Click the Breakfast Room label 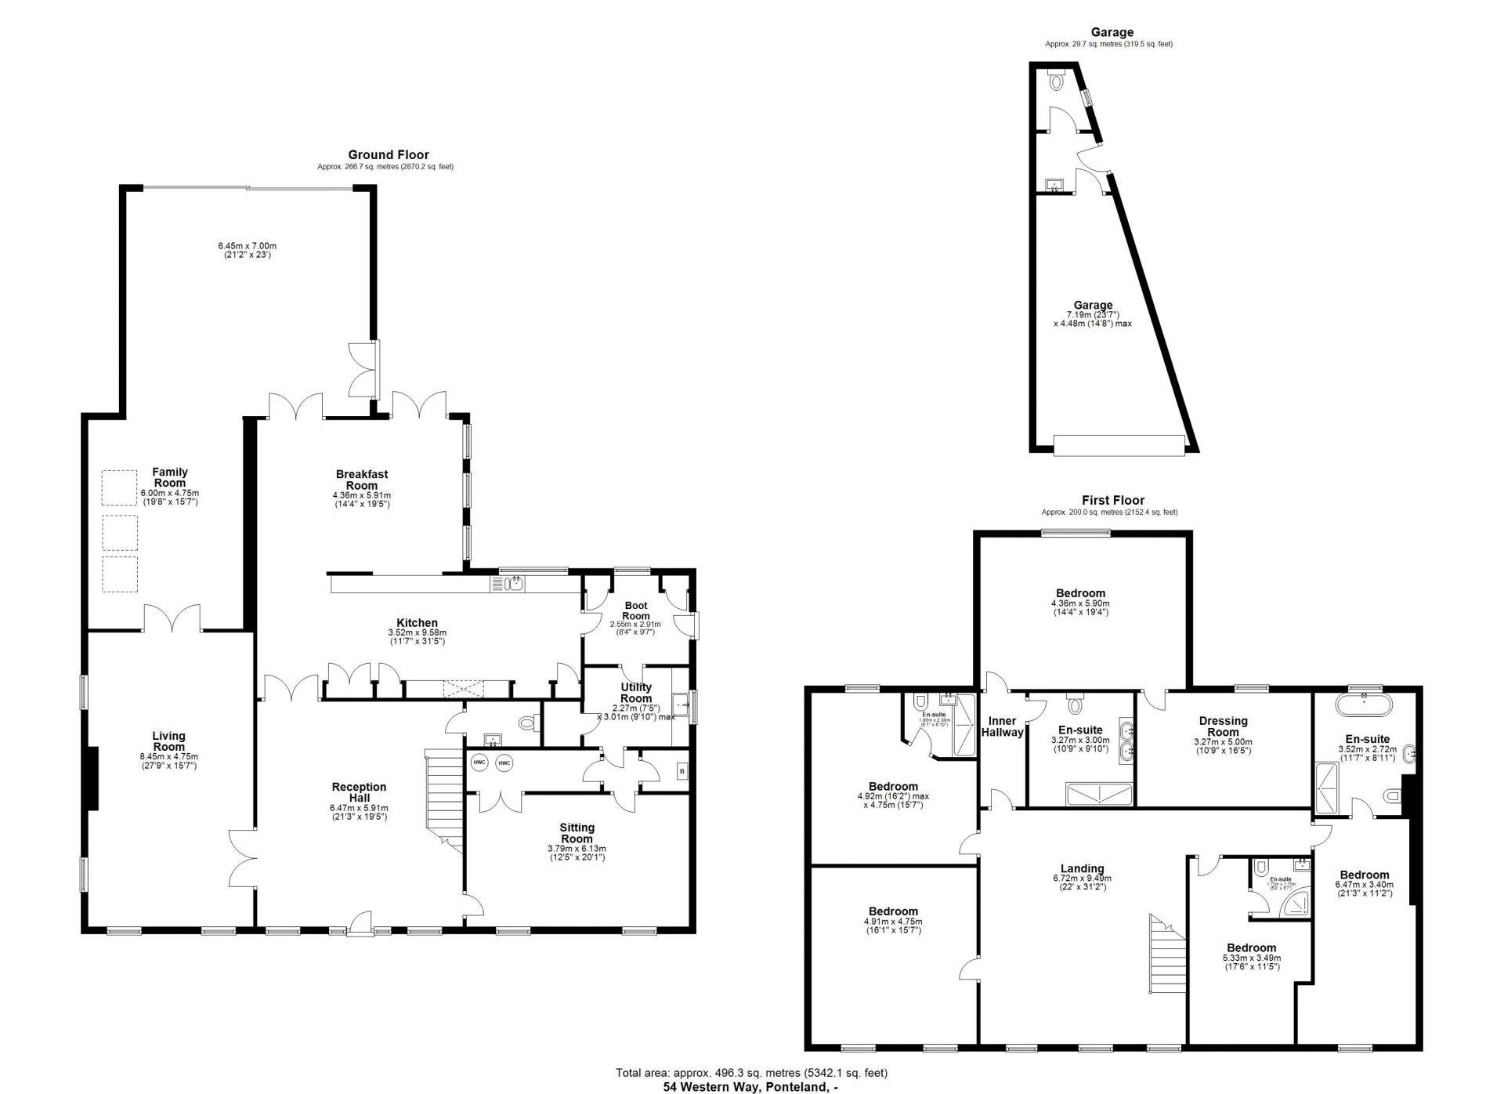(361, 480)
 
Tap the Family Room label (170, 477)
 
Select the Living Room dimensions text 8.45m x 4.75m (169, 757)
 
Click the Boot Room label (635, 610)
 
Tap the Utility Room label (635, 693)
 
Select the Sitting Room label (577, 833)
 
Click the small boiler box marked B (680, 772)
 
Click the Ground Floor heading (388, 155)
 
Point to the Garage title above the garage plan (1112, 32)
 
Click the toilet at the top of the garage (1056, 80)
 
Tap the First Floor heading (1112, 500)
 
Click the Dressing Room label (1223, 726)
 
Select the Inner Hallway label (1002, 726)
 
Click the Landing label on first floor (1082, 868)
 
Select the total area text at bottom (751, 1073)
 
